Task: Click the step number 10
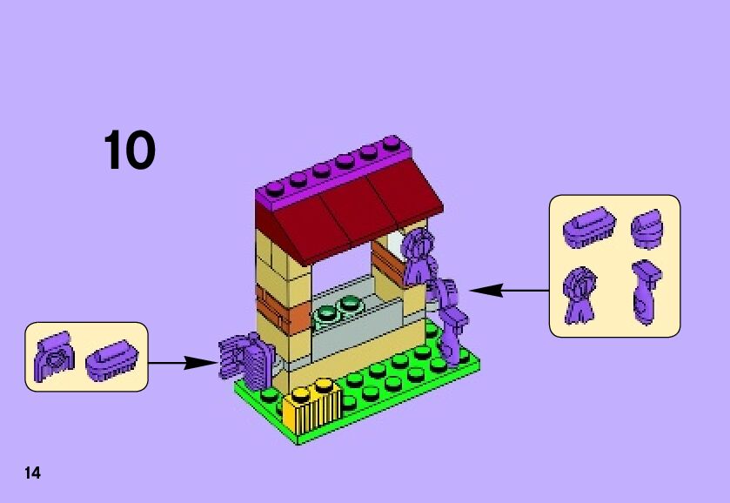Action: coord(130,151)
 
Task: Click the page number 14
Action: coord(32,473)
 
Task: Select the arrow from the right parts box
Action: coord(509,291)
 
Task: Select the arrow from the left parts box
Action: coord(182,363)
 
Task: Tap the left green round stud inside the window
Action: coord(328,312)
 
